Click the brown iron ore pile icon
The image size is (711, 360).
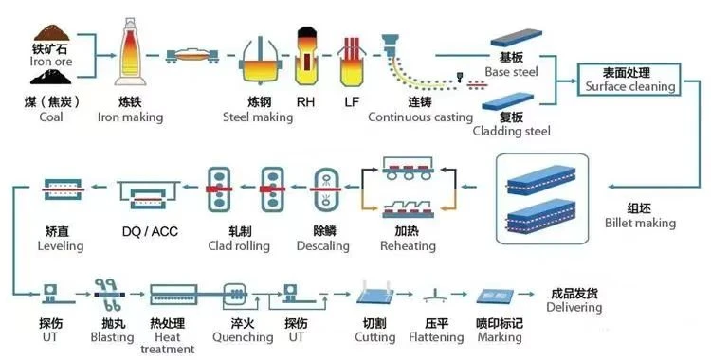[x=52, y=32]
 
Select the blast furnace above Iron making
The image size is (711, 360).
[x=130, y=52]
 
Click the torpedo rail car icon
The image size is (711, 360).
[x=193, y=55]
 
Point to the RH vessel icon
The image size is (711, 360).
[x=306, y=56]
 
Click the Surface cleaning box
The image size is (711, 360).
[x=629, y=80]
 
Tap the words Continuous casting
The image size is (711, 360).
[x=420, y=117]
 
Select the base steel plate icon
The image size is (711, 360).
[x=517, y=38]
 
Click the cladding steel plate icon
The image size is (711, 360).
[x=508, y=101]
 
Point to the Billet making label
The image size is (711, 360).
[x=640, y=223]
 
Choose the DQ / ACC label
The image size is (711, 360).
[x=150, y=231]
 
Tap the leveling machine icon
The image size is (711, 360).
[x=64, y=189]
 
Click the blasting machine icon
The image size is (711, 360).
[x=107, y=295]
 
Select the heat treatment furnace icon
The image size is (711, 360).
[x=173, y=295]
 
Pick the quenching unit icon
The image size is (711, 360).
[x=235, y=294]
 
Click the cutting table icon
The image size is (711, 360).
[x=375, y=293]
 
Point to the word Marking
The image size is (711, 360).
[x=500, y=337]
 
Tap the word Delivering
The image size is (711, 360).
[x=574, y=307]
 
